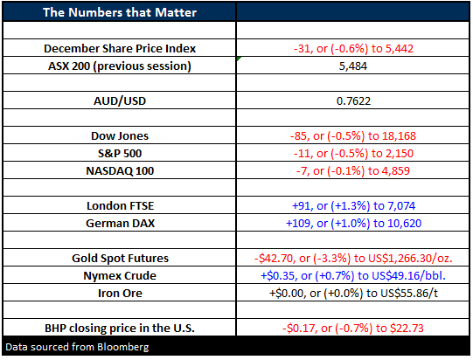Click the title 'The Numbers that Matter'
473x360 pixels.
pyautogui.click(x=120, y=12)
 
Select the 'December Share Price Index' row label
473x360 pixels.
pyautogui.click(x=120, y=49)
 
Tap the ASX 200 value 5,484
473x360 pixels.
pyautogui.click(x=353, y=66)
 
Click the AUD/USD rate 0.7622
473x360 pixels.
pyautogui.click(x=353, y=101)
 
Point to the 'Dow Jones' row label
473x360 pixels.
pyautogui.click(x=120, y=136)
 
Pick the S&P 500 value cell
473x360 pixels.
pyautogui.click(x=353, y=154)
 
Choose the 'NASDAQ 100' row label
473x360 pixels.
pyautogui.click(x=120, y=171)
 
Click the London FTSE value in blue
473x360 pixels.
pyautogui.click(x=353, y=206)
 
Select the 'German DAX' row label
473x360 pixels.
pyautogui.click(x=120, y=224)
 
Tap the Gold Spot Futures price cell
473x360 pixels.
pyautogui.click(x=353, y=259)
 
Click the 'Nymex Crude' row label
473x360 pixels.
pyautogui.click(x=120, y=276)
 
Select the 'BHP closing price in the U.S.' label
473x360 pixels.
pyautogui.click(x=120, y=328)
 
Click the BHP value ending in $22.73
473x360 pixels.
pyautogui.click(x=353, y=328)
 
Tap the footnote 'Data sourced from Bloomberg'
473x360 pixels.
pyautogui.click(x=77, y=347)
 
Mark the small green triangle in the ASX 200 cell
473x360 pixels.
pyautogui.click(x=239, y=59)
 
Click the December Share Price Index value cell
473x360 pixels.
pyautogui.click(x=353, y=49)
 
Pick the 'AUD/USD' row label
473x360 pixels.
pyautogui.click(x=120, y=101)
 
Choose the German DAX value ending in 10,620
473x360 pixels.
pyautogui.click(x=353, y=224)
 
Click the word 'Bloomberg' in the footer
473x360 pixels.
pyautogui.click(x=123, y=347)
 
